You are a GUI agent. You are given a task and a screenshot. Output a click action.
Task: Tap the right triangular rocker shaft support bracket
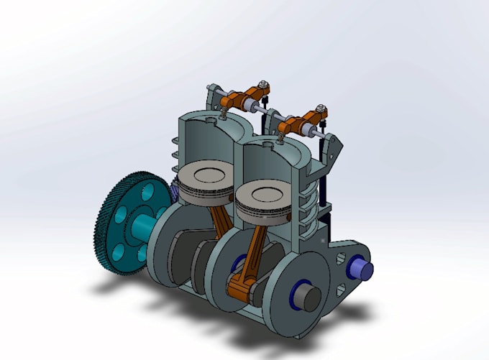pyautogui.click(x=333, y=150)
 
